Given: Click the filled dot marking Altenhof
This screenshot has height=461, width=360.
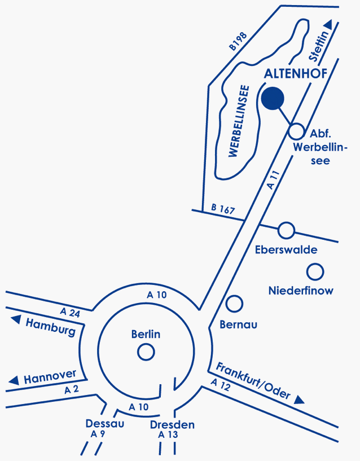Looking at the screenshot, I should [x=273, y=98].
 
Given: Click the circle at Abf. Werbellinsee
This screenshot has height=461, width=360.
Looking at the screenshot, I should [x=297, y=131].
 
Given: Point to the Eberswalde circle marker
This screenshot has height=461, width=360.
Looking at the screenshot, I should [x=287, y=230].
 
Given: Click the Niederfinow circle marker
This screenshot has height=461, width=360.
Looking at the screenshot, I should [x=315, y=272].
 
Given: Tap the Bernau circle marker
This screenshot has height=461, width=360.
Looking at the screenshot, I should [x=234, y=304].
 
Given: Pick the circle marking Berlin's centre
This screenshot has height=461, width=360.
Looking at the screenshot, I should [x=146, y=353].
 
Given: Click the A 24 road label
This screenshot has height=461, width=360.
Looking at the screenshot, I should [x=70, y=313].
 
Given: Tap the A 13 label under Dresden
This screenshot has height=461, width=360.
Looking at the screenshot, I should [x=168, y=434].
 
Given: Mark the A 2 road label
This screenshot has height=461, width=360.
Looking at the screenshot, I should [x=72, y=389].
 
